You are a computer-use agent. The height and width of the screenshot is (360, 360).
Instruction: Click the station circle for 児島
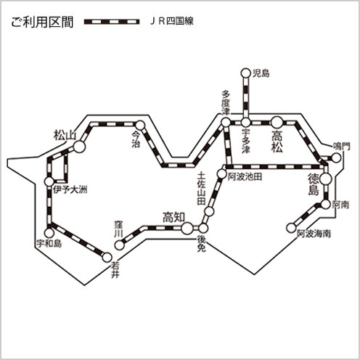[245, 73]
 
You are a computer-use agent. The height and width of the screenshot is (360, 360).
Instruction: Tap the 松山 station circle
[79, 147]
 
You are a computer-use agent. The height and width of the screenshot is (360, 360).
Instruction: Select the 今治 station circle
[140, 125]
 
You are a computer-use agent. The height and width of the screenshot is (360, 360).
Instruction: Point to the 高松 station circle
[277, 123]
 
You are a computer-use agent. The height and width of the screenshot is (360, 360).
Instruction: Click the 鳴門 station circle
[336, 158]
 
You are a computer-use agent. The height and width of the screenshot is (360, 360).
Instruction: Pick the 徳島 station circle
[325, 179]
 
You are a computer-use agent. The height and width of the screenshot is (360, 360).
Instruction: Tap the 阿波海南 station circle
[291, 228]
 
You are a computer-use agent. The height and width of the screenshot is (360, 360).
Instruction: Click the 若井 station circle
[107, 257]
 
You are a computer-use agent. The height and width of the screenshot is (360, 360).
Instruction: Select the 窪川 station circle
[119, 245]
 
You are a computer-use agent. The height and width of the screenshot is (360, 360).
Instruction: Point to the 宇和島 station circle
[49, 233]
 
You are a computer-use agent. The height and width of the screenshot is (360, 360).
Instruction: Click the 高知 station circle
[187, 228]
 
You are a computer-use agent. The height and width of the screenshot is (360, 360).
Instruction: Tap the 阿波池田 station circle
[221, 173]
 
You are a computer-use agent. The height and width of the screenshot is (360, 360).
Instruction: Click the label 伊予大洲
[70, 189]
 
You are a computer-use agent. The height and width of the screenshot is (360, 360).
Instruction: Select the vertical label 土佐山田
[201, 189]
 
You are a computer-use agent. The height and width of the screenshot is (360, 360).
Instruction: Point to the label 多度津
[226, 103]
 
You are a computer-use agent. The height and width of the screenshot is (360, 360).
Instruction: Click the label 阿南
[340, 205]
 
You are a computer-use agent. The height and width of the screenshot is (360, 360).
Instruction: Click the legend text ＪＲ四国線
[172, 21]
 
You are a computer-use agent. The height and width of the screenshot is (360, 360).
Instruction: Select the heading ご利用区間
[42, 22]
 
